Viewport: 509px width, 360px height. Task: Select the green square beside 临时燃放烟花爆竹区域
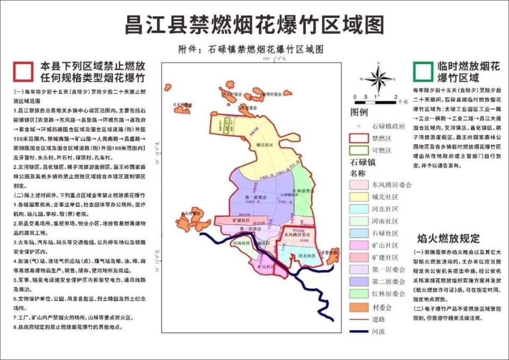[x=423, y=70]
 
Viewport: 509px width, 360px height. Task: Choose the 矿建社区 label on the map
[x=237, y=219]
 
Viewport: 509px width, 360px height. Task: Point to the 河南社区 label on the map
[x=241, y=242]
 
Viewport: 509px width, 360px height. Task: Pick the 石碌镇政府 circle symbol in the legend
[x=359, y=126]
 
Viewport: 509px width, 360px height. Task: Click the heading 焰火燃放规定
[x=448, y=238]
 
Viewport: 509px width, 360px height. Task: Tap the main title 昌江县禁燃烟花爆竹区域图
[x=254, y=25]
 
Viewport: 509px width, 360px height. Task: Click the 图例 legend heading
[x=359, y=112]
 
